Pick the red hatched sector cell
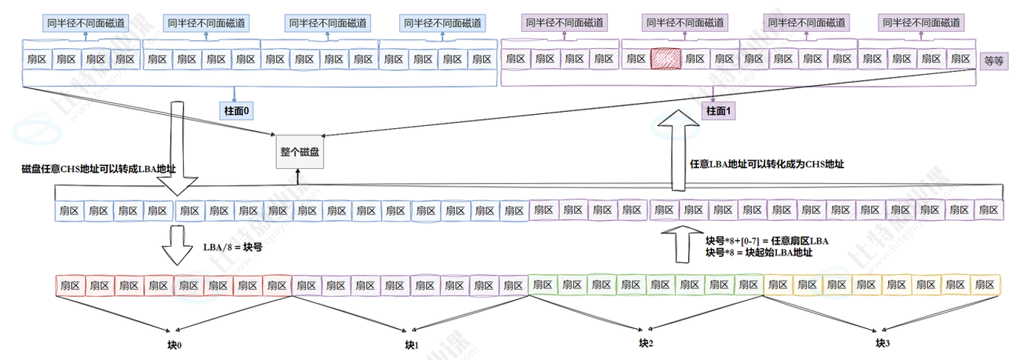click(664, 58)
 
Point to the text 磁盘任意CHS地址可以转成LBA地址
click(99, 169)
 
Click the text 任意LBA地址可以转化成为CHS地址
click(767, 164)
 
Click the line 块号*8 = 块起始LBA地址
click(759, 253)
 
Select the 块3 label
click(881, 343)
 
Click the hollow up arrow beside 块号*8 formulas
click(677, 244)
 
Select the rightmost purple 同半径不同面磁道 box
click(921, 22)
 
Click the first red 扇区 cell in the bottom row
click(70, 284)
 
